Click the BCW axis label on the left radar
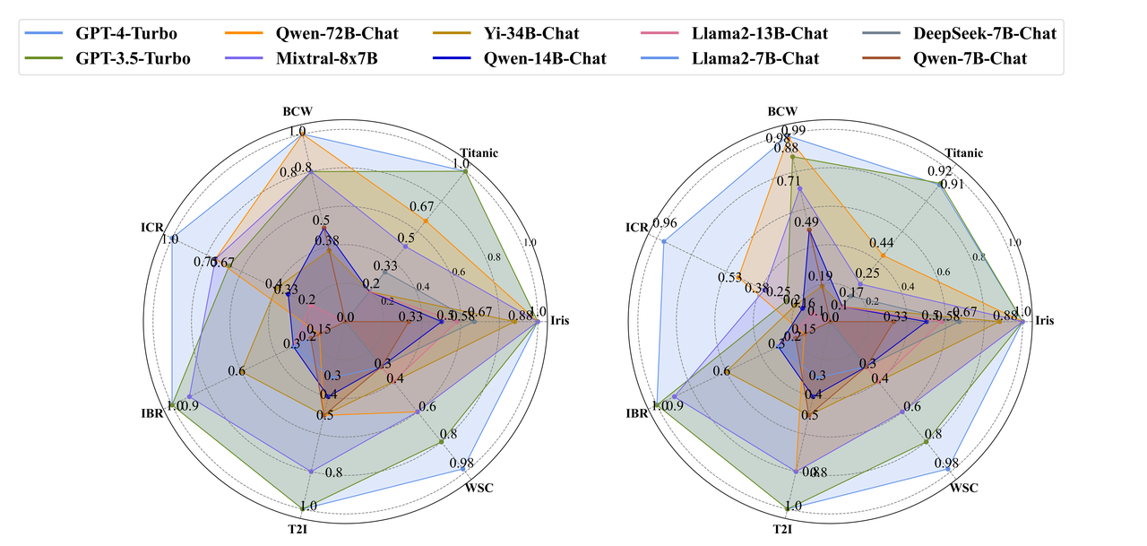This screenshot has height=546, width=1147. coord(298,111)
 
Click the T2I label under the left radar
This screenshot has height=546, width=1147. coord(298,531)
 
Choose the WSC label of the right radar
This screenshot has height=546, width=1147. coord(963,488)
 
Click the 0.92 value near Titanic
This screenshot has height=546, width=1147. coord(940,170)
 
